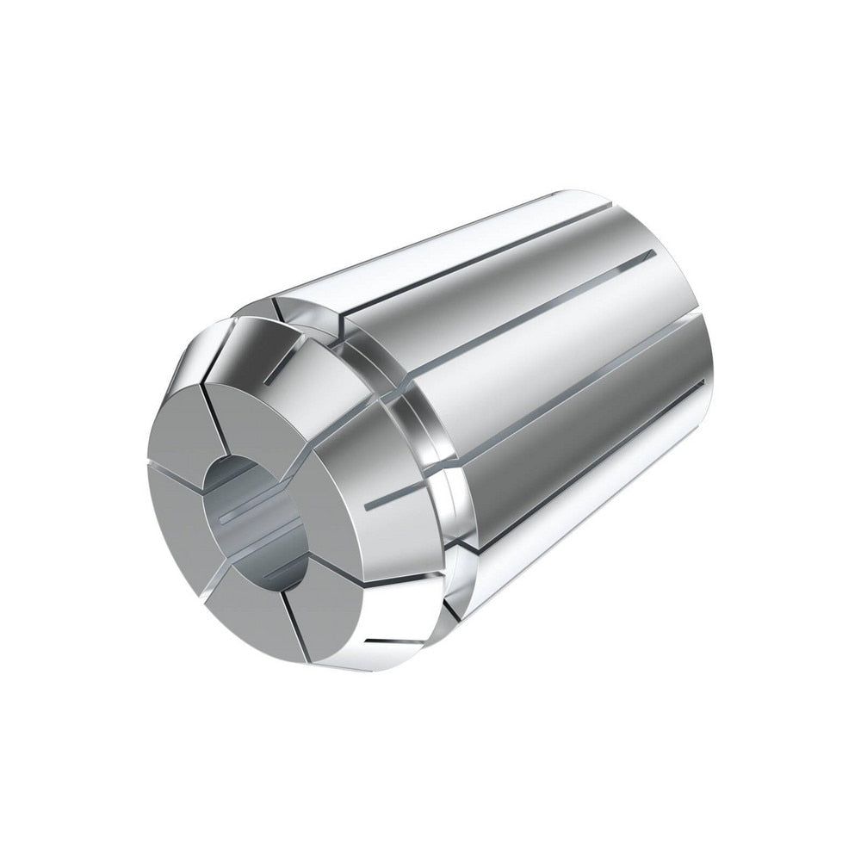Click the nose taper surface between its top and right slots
tap(344, 430)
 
